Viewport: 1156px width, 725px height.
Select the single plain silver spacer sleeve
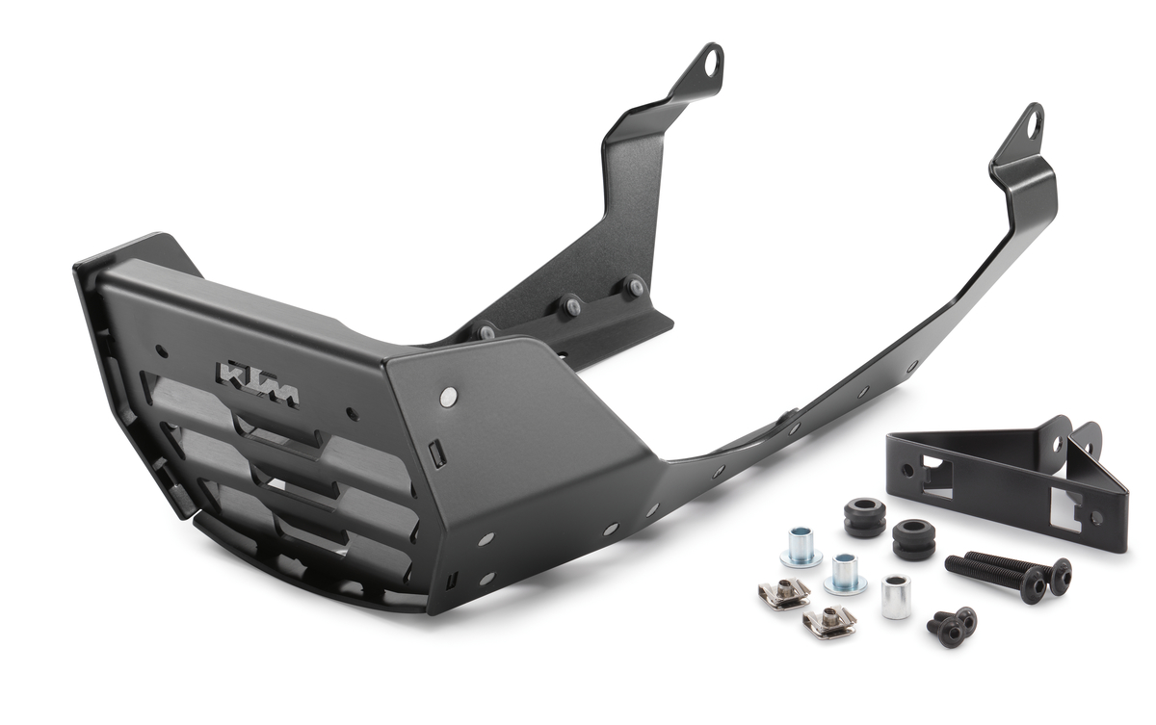[x=895, y=596]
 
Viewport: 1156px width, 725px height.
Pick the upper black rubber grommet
[x=864, y=515]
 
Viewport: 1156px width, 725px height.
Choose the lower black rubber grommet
[x=912, y=539]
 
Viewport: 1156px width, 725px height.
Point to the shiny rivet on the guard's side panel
[x=448, y=395]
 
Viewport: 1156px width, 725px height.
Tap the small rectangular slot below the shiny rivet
[x=435, y=453]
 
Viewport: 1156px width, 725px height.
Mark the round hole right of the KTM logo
[x=351, y=415]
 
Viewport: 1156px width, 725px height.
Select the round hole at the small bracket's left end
[x=906, y=471]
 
